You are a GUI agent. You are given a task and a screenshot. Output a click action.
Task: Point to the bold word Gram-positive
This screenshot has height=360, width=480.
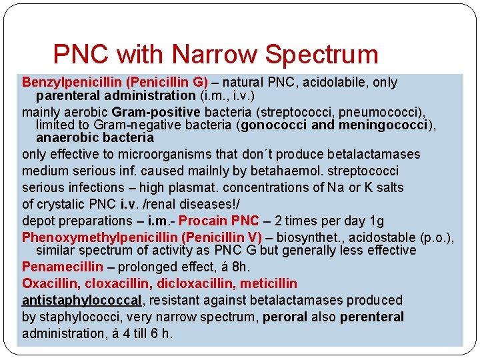(x=156, y=111)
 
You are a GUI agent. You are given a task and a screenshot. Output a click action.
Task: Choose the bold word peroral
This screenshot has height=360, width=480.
(x=285, y=317)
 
